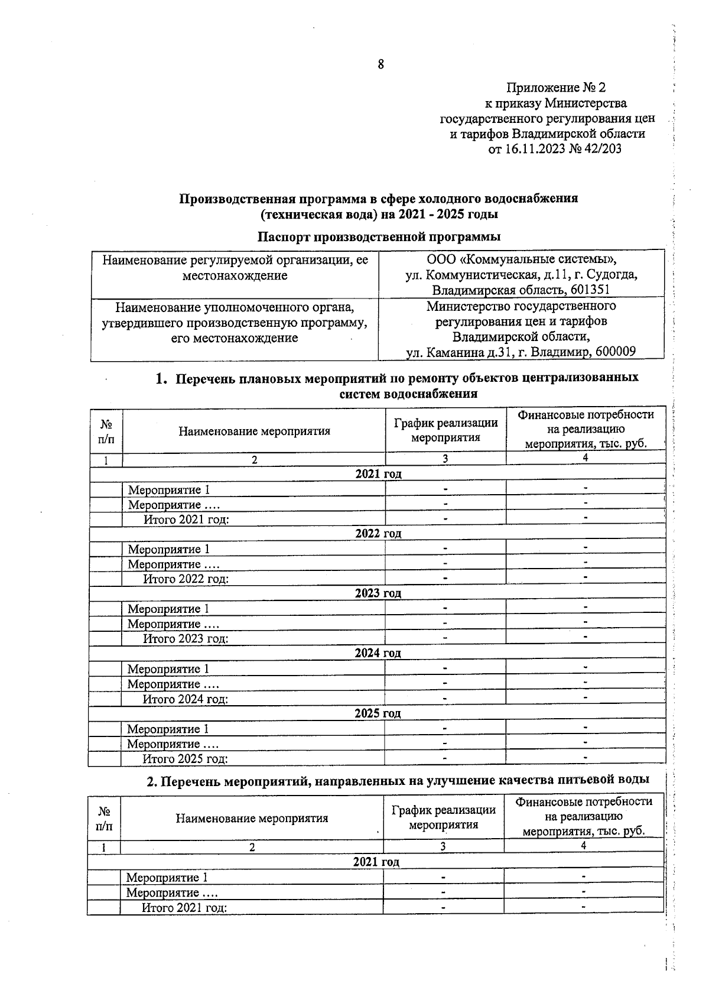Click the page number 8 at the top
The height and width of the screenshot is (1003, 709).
(380, 64)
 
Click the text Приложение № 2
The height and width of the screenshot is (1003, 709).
(556, 88)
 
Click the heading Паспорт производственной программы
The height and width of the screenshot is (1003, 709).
(379, 236)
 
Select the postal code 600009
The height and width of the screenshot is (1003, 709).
(616, 352)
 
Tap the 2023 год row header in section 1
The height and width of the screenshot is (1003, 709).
(378, 593)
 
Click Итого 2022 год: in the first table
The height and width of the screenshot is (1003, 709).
(186, 579)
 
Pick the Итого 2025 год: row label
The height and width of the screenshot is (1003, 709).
(185, 759)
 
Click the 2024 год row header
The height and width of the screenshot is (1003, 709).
(378, 653)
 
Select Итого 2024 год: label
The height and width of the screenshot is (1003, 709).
(185, 699)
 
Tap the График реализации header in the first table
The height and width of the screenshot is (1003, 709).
(445, 430)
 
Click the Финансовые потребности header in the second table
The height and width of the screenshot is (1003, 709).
(583, 817)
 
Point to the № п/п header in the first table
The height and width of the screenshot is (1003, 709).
(106, 431)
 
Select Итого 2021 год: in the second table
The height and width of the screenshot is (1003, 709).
(184, 908)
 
